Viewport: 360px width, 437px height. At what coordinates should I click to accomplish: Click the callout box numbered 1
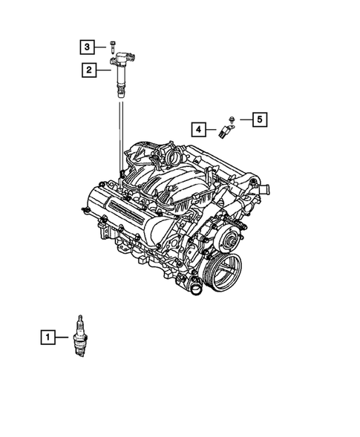pos(48,338)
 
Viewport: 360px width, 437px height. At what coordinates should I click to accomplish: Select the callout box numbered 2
pos(88,70)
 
